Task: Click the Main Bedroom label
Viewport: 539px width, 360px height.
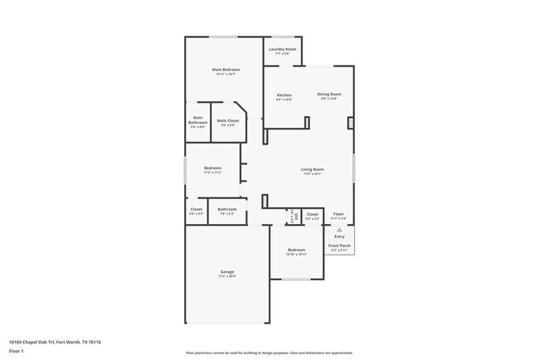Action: pos(225,70)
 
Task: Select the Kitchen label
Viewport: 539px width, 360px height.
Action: pos(284,95)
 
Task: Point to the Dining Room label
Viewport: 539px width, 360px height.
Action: pos(329,95)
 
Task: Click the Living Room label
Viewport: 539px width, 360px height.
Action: pos(312,169)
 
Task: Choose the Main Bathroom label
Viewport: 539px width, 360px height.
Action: pos(198,120)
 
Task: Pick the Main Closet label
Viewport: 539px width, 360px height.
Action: pos(227,121)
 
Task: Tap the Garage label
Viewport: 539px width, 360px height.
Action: pos(226,272)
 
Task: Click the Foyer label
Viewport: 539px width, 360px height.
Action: pos(338,214)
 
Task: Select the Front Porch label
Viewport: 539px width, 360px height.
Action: pos(338,246)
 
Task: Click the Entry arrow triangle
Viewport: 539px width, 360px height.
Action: pos(338,229)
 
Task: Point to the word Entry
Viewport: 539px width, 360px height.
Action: pos(338,236)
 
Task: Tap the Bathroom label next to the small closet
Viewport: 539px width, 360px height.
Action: pos(227,209)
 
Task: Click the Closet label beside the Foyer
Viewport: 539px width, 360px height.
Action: pos(312,214)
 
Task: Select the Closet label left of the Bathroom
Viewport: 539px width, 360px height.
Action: pos(196,209)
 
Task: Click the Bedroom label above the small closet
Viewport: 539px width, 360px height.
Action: pos(212,168)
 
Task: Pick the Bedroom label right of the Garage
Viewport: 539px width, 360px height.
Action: pos(297,250)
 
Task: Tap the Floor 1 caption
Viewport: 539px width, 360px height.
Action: pos(16,352)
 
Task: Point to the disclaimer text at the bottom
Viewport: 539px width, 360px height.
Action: pos(269,353)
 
